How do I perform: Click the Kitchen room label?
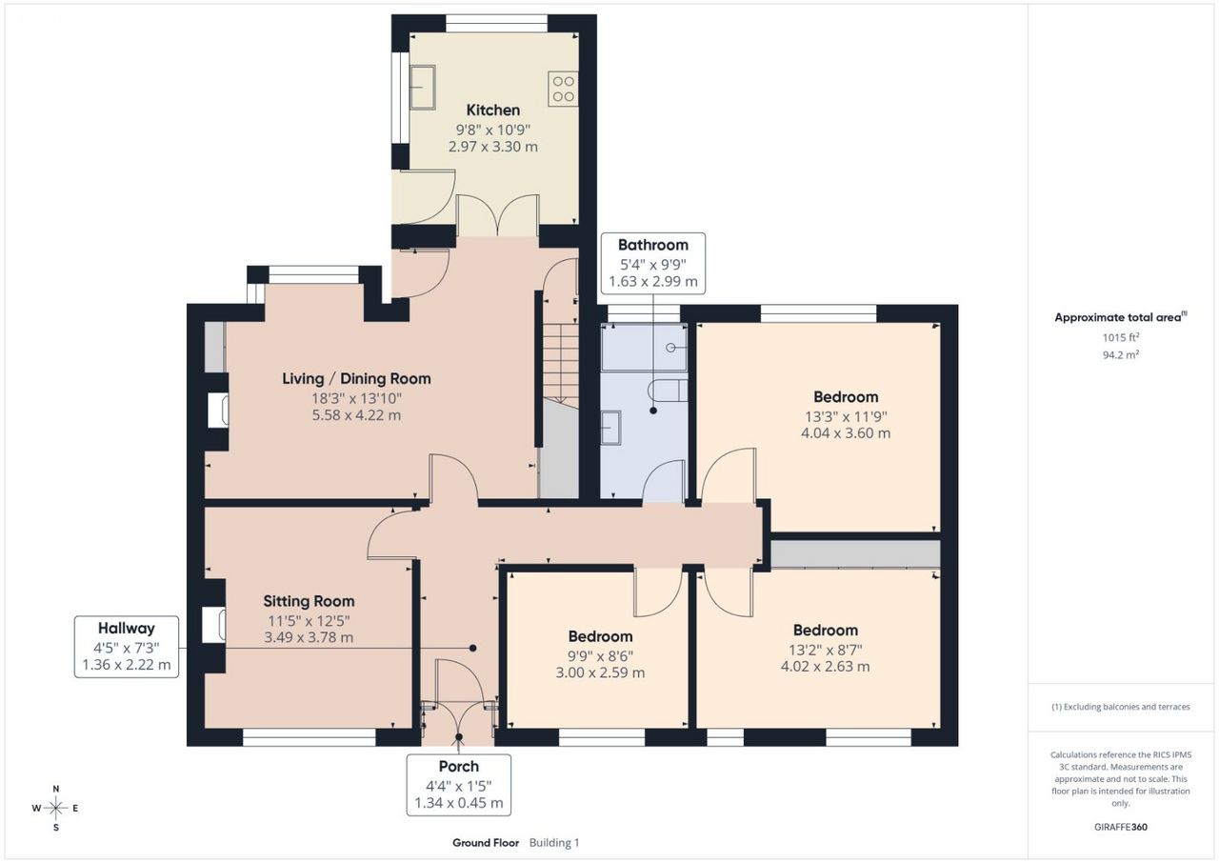(x=493, y=110)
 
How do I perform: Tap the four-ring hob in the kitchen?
(x=563, y=89)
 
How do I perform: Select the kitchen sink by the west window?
(x=422, y=88)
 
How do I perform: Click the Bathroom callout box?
(x=653, y=263)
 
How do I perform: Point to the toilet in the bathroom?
(x=668, y=391)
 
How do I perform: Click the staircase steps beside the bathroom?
(x=561, y=362)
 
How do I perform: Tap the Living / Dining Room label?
(x=356, y=379)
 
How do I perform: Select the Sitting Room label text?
(x=309, y=601)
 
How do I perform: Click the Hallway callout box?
(x=127, y=647)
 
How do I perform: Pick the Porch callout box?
(x=459, y=785)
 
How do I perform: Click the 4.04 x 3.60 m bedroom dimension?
(x=846, y=433)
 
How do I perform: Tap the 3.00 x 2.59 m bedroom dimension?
(x=600, y=672)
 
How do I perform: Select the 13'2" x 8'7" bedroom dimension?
(x=826, y=650)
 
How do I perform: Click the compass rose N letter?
(x=56, y=789)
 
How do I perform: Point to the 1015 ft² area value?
(x=1121, y=337)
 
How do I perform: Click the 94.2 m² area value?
(x=1121, y=354)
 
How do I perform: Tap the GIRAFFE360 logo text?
(x=1121, y=827)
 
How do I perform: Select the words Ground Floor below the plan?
(x=486, y=843)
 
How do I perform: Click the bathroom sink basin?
(x=610, y=428)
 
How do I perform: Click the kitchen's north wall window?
(x=497, y=24)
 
